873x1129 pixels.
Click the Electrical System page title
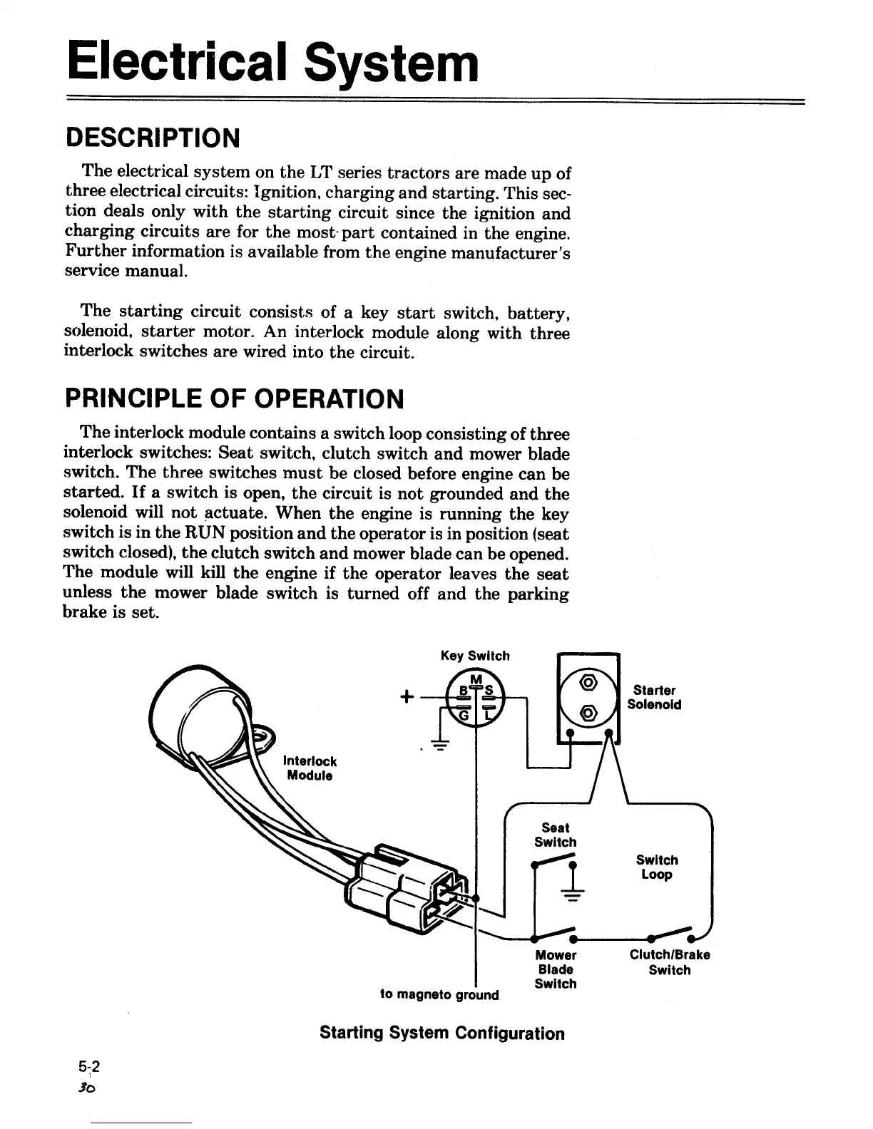[272, 63]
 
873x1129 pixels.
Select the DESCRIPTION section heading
[152, 138]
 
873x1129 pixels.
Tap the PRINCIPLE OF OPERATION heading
[234, 399]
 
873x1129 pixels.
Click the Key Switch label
[475, 656]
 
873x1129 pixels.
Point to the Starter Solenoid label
[654, 698]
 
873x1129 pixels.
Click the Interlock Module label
[310, 768]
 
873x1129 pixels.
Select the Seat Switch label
[555, 835]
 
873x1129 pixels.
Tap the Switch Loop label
[657, 867]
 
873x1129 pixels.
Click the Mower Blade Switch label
[556, 969]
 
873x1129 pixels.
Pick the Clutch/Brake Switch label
[670, 963]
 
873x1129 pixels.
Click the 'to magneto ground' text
[439, 994]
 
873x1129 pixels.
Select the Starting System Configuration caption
[442, 1033]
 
